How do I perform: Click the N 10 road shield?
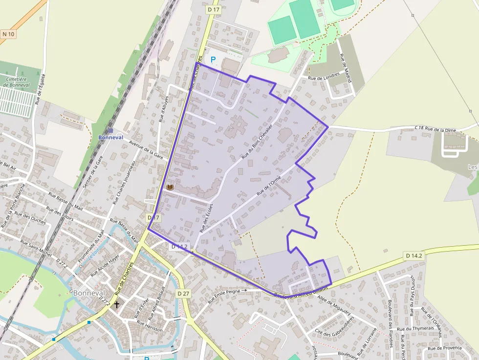[8, 34]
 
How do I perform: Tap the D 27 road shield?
[183, 293]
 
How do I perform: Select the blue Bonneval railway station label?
[110, 137]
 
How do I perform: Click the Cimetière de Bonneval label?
[16, 82]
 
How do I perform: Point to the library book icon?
[170, 187]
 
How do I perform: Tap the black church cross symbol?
[116, 304]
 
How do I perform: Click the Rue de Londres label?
[323, 77]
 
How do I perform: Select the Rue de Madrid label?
[347, 68]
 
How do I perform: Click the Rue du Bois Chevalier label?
[256, 142]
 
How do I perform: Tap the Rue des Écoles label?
[206, 218]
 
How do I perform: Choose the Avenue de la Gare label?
[146, 148]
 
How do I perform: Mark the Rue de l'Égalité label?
[41, 89]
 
